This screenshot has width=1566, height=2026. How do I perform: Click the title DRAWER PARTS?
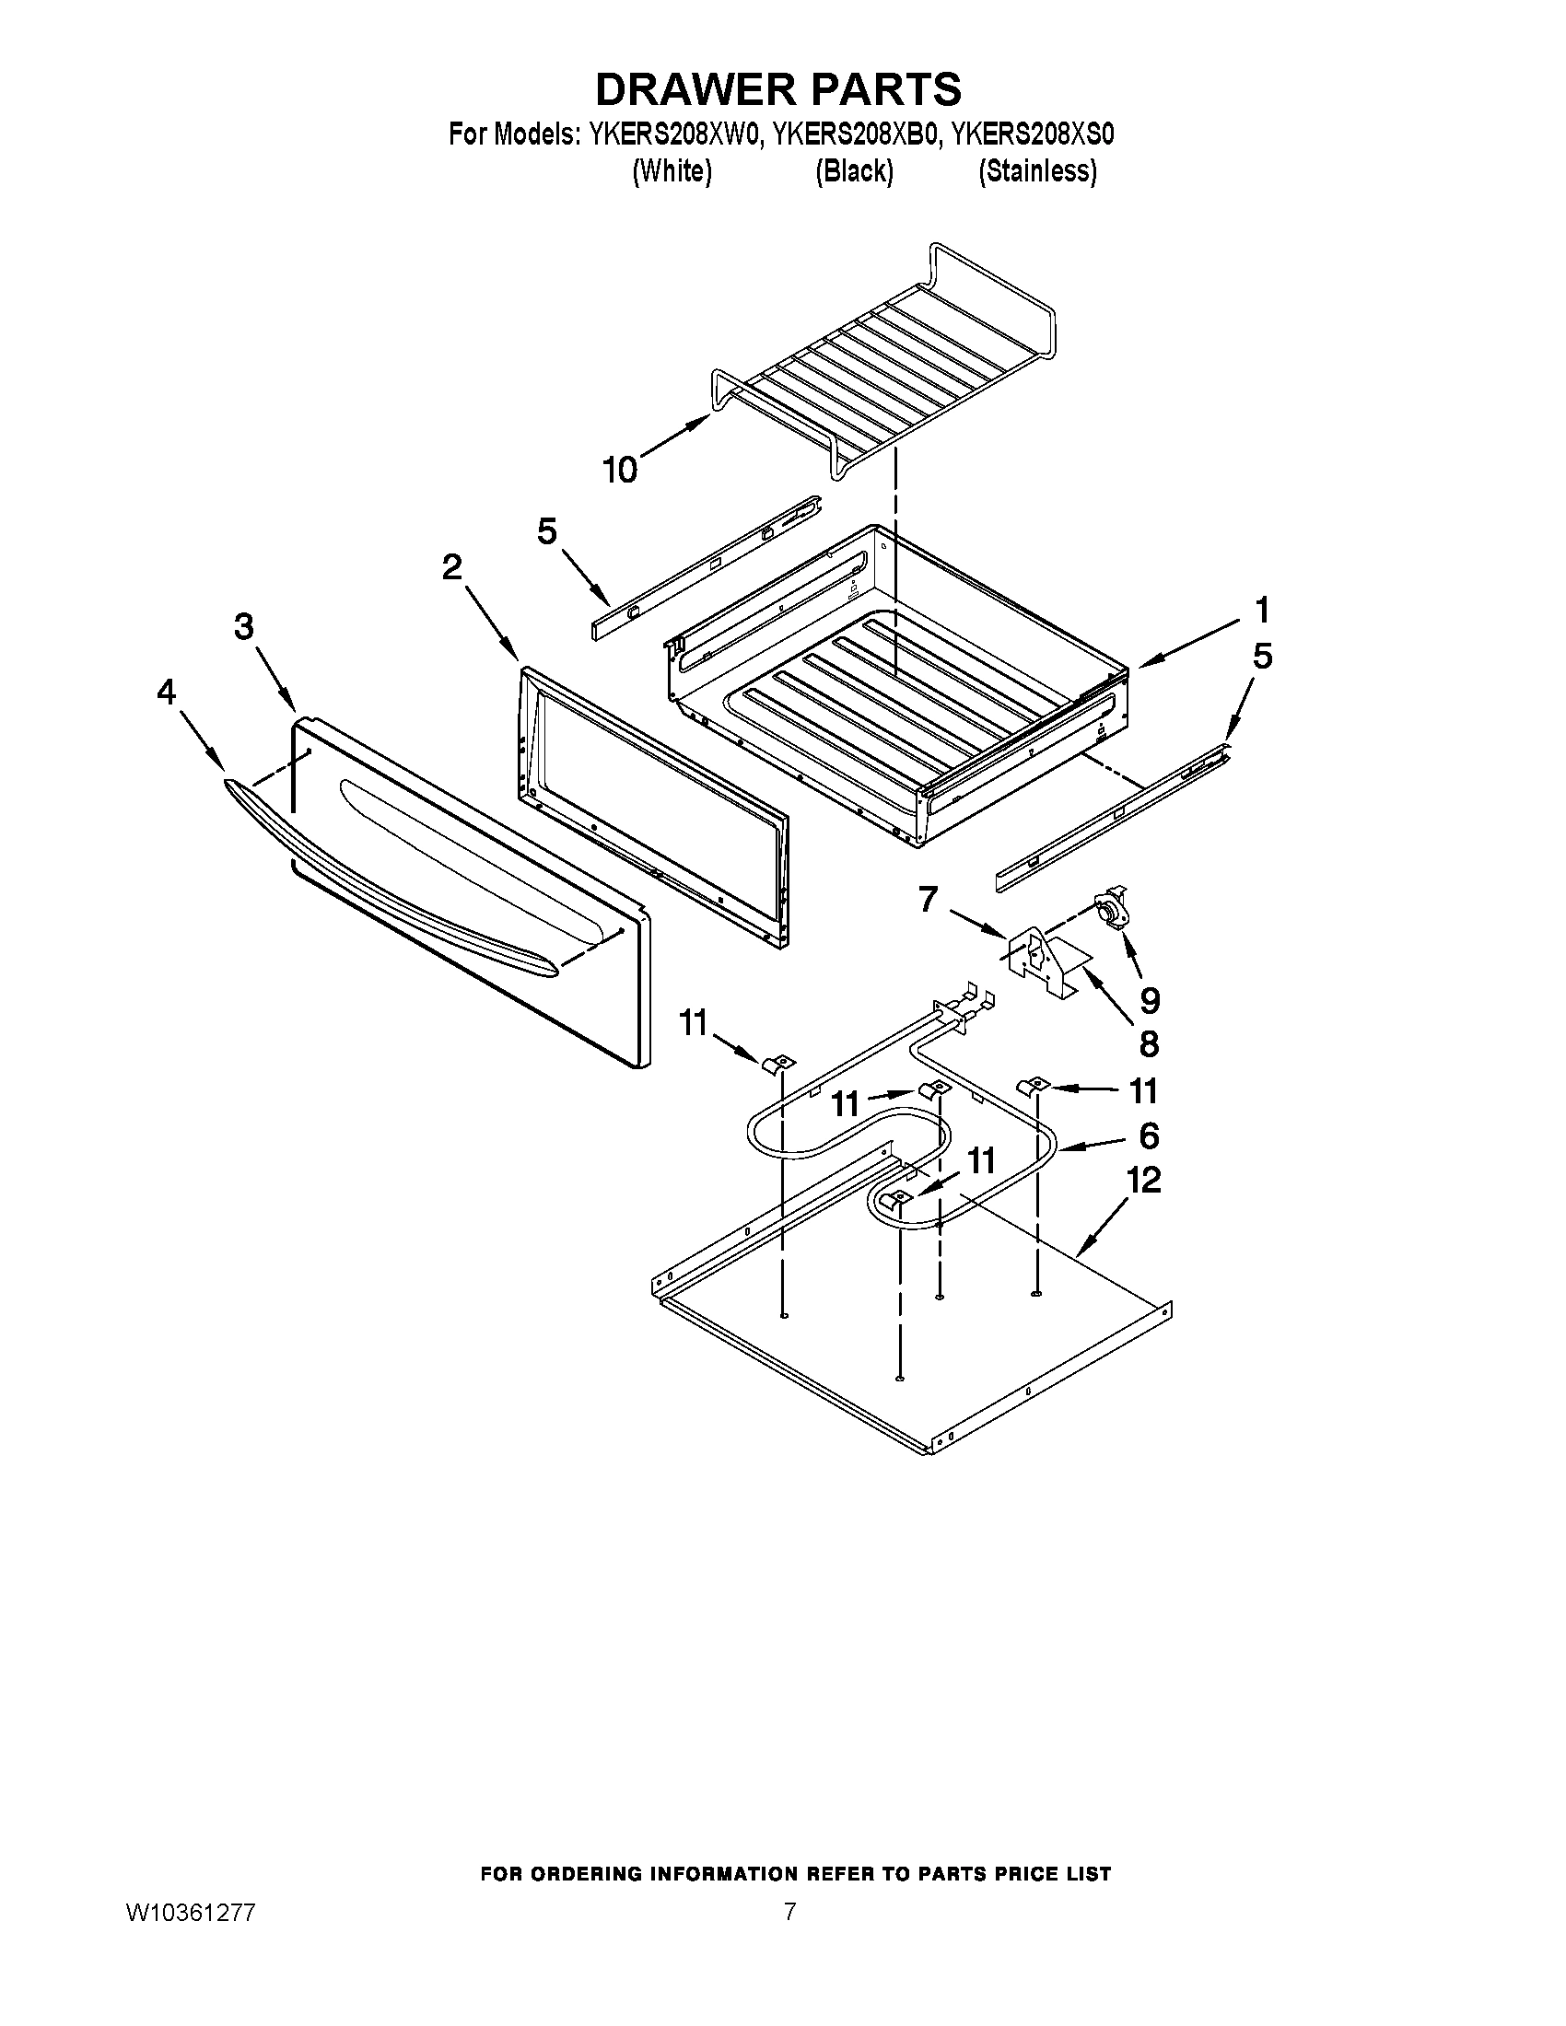pyautogui.click(x=777, y=90)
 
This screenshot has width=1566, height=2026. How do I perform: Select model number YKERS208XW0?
pyautogui.click(x=674, y=134)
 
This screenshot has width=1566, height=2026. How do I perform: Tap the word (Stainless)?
pyautogui.click(x=1037, y=171)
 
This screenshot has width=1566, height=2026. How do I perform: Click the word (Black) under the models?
pyautogui.click(x=854, y=171)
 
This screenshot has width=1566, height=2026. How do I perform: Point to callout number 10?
pyautogui.click(x=620, y=471)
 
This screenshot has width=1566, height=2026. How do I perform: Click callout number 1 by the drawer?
pyautogui.click(x=1262, y=611)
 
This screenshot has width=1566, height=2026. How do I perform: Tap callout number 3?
pyautogui.click(x=243, y=627)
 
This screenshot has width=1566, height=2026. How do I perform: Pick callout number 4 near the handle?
pyautogui.click(x=166, y=691)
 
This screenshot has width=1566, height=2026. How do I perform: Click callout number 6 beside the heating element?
pyautogui.click(x=1149, y=1135)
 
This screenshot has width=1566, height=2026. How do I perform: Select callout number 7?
pyautogui.click(x=928, y=899)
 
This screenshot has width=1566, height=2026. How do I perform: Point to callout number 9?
pyautogui.click(x=1150, y=1000)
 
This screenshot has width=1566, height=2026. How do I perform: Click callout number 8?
pyautogui.click(x=1149, y=1044)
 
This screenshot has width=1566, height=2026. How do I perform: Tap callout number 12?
pyautogui.click(x=1143, y=1181)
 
